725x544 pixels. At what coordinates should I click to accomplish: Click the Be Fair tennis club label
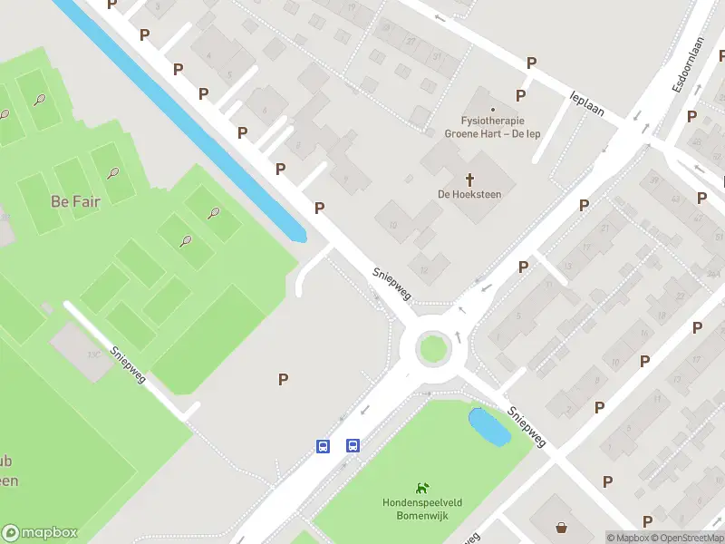75,201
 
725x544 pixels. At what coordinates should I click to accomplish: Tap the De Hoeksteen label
469,194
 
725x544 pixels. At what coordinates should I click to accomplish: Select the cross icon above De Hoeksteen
469,179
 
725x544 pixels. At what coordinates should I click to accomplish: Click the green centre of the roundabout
433,347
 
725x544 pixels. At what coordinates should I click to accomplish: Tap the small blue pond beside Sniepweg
488,426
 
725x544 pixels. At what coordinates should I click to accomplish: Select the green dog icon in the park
421,489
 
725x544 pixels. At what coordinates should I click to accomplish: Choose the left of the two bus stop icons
323,445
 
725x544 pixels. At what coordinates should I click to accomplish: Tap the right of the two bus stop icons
353,445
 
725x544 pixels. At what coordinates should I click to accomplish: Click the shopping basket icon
562,527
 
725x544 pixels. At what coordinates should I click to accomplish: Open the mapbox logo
40,533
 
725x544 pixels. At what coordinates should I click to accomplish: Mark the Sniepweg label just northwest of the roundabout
392,282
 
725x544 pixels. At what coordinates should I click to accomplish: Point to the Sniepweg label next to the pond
526,426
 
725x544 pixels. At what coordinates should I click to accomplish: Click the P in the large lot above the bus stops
284,379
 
